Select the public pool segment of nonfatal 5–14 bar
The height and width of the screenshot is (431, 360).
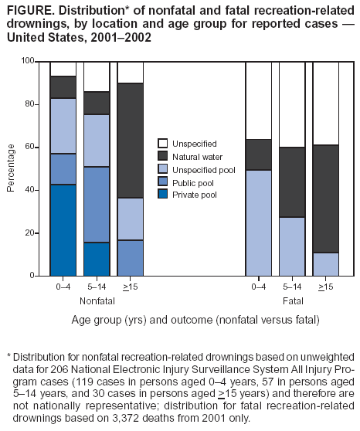pos(97,205)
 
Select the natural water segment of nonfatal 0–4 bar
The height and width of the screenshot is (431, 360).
pos(63,87)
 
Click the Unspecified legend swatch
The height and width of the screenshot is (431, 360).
pos(163,143)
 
